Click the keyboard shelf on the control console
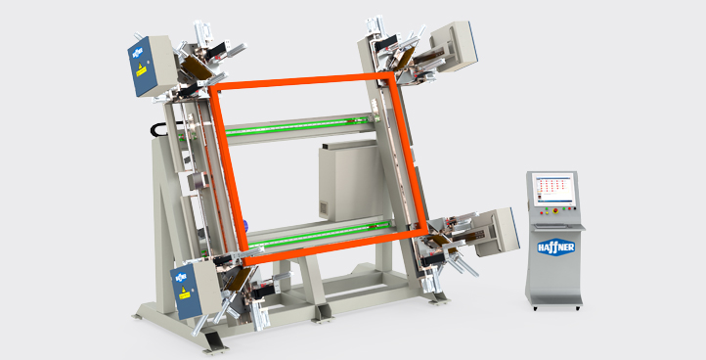point(558,225)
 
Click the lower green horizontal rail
point(313,234)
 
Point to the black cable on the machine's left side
point(154,129)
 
